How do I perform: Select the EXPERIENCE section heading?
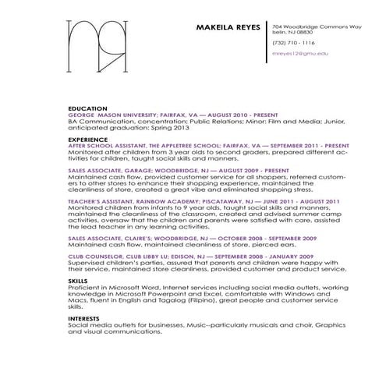point(88,139)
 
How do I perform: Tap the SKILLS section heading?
point(78,279)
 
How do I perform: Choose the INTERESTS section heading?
point(83,317)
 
